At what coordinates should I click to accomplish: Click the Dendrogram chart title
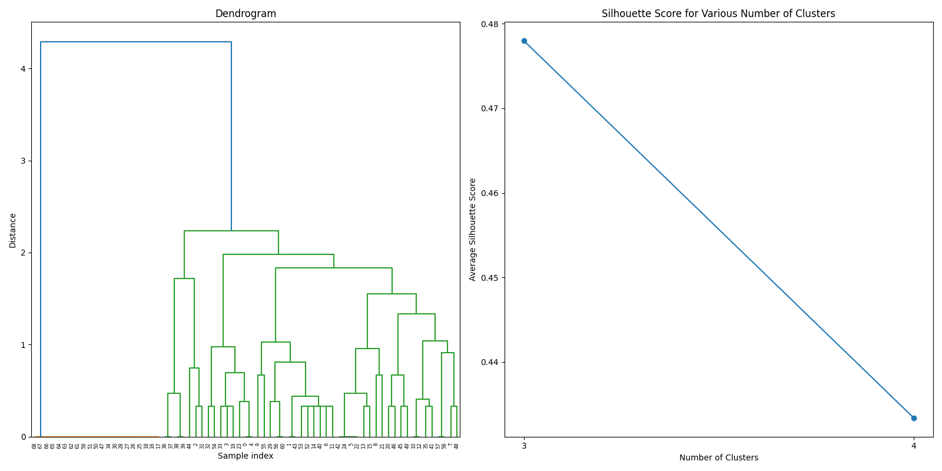[x=246, y=14]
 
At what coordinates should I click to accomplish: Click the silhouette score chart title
[x=718, y=14]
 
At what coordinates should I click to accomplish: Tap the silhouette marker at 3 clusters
[x=524, y=41]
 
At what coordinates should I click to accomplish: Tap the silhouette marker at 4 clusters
[x=914, y=418]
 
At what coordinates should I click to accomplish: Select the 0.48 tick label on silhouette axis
[x=490, y=24]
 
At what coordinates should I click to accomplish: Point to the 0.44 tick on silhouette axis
[x=490, y=362]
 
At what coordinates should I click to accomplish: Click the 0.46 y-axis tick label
[x=490, y=193]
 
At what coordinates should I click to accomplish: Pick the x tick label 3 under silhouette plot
[x=524, y=446]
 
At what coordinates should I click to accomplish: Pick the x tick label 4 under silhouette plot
[x=914, y=446]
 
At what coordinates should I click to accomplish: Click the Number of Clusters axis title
[x=718, y=457]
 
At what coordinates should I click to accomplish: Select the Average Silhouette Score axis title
[x=473, y=230]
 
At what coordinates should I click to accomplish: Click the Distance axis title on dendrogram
[x=13, y=230]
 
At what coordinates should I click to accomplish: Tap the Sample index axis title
[x=246, y=456]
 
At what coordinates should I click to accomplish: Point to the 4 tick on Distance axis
[x=23, y=69]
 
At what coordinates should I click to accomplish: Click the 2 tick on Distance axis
[x=23, y=253]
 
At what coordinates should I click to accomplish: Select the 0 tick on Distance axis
[x=23, y=437]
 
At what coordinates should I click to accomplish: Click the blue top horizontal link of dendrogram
[x=135, y=42]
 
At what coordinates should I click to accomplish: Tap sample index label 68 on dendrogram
[x=34, y=446]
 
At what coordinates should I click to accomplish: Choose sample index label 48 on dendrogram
[x=456, y=446]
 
